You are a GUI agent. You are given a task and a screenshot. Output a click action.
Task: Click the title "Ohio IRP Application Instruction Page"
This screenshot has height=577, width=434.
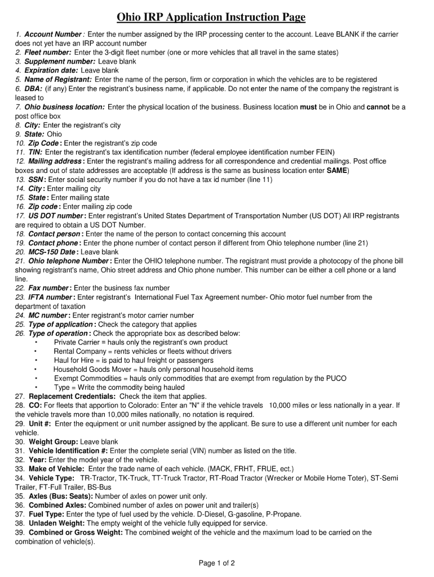point(211,17)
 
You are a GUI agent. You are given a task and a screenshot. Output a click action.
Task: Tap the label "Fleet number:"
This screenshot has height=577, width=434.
point(47,52)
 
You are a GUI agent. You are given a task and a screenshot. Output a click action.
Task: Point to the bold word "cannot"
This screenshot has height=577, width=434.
point(379,107)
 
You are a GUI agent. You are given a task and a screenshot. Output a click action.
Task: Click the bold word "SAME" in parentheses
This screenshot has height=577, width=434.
point(337,170)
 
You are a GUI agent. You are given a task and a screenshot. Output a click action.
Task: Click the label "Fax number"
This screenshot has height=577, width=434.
point(48,288)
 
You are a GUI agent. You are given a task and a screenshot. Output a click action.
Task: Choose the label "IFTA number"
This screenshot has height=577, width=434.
point(50,297)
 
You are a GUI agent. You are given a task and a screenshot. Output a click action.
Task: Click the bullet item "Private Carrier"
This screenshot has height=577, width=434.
point(77,342)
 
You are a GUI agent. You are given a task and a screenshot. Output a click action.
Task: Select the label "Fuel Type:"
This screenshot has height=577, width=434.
point(47,514)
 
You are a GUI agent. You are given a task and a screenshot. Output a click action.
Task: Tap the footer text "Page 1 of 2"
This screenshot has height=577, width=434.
point(216,563)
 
